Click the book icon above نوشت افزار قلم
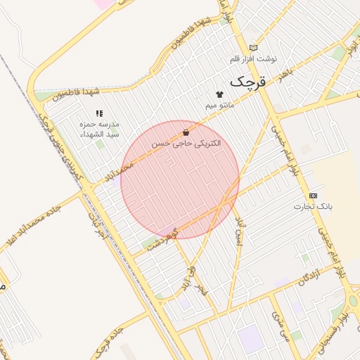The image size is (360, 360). point(254,47)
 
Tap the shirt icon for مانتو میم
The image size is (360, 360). point(219,94)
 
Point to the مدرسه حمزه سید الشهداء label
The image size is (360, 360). point(99,129)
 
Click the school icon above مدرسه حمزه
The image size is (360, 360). point(99,112)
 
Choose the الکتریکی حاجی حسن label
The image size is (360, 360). point(186,143)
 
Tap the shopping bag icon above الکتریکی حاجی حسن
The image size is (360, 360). point(186,131)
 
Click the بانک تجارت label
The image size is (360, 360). point(313,207)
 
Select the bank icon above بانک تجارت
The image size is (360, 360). point(313,195)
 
